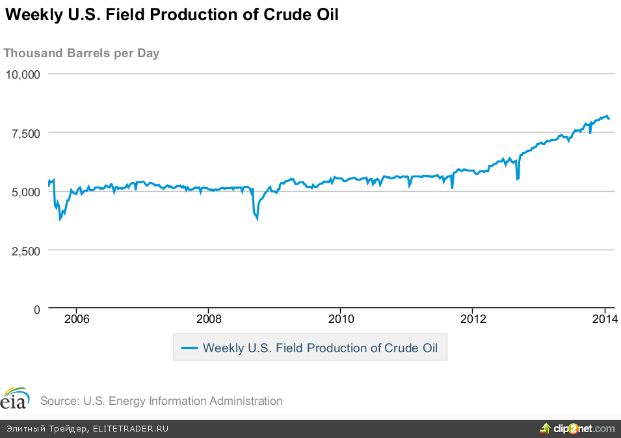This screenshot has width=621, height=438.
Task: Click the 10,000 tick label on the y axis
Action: [23, 74]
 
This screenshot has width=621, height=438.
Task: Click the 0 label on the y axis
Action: [37, 309]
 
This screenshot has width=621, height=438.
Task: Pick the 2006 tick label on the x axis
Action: [77, 319]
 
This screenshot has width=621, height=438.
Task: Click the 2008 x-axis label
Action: [209, 319]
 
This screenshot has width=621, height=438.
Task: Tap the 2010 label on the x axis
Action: [341, 319]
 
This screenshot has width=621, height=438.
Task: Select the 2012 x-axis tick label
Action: [473, 319]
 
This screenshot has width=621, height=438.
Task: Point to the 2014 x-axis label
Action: [605, 319]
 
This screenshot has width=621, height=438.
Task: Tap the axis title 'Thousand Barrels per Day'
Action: [82, 53]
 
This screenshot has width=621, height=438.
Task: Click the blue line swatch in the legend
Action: [189, 348]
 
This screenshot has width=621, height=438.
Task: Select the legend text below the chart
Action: [320, 348]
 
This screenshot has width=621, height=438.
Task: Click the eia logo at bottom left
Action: [15, 398]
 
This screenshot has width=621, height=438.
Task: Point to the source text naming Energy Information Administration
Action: [161, 401]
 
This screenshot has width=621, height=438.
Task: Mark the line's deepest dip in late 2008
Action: [257, 219]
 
